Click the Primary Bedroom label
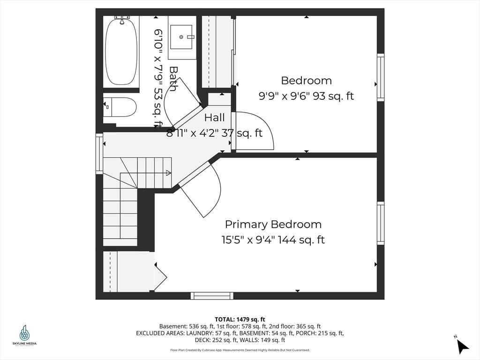tap(273, 224)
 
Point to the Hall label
tap(214, 118)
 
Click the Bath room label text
tap(173, 79)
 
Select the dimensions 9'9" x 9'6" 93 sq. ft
tap(306, 96)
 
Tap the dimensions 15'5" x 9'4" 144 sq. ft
tap(273, 240)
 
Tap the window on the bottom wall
tap(212, 296)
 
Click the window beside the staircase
tap(99, 153)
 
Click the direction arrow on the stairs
tap(168, 172)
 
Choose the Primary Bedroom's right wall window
tap(381, 223)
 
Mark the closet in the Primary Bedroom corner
tap(127, 272)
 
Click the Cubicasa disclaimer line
tap(240, 350)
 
